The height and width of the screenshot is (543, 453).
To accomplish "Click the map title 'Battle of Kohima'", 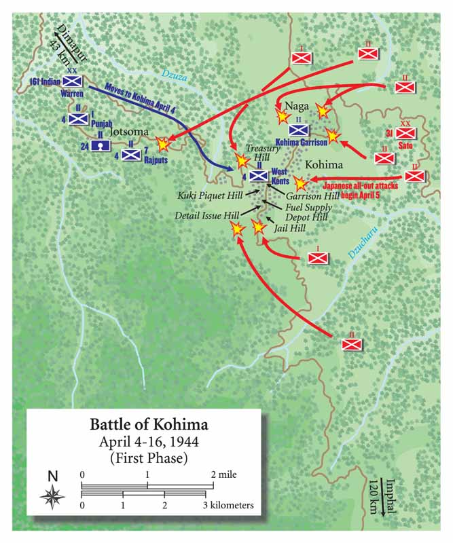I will coord(149,426).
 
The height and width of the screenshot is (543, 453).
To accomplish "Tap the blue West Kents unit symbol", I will coord(258,176).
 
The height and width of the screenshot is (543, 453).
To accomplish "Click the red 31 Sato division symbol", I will coord(405,134).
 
